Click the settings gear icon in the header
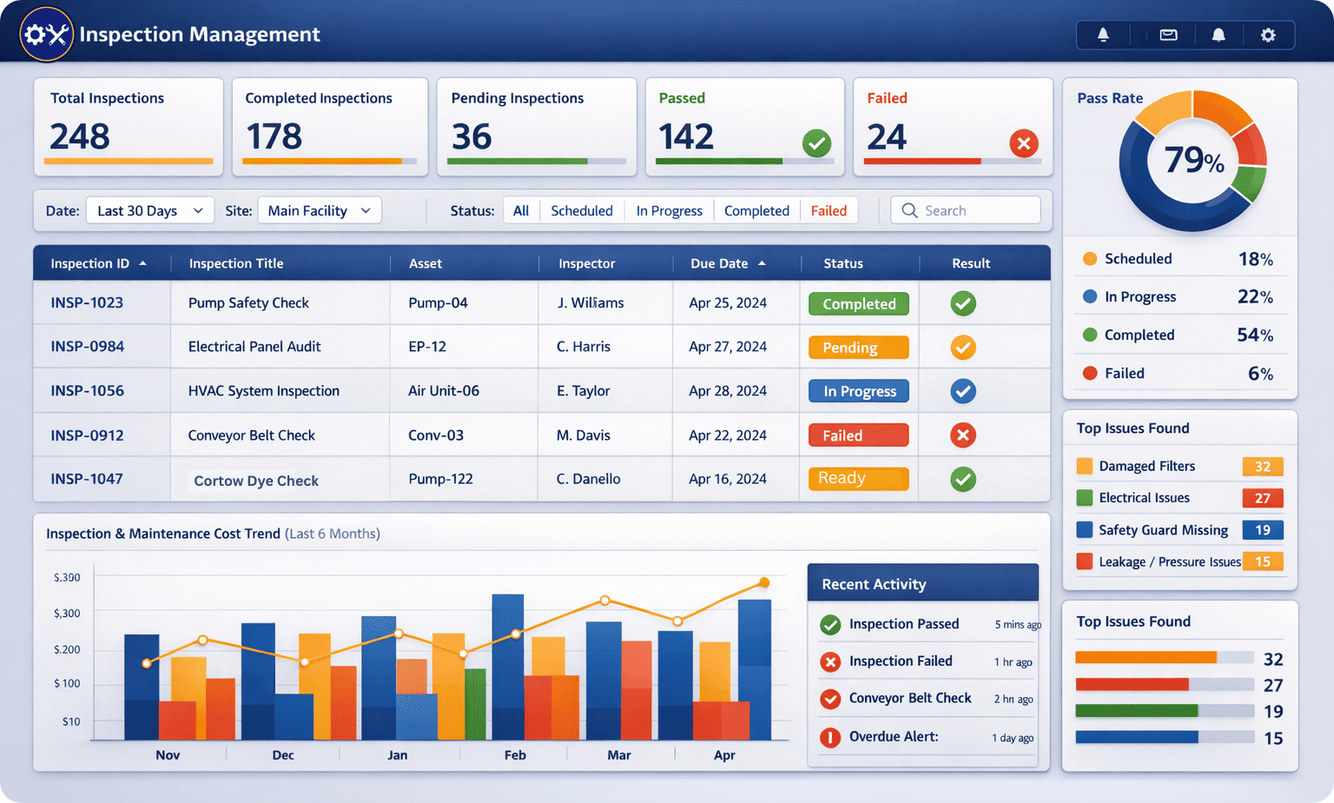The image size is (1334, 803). pos(1268,35)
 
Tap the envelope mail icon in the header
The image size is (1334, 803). pos(1168,35)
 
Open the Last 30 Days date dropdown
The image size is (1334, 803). pos(150,210)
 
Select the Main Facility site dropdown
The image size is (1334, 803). pos(319,210)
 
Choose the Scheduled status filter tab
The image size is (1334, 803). pos(581,210)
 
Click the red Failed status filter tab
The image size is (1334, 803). pos(829,210)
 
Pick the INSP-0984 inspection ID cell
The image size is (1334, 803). pos(87,346)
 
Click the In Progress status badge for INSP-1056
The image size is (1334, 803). pos(859,391)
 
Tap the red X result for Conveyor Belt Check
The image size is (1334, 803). pos(962,435)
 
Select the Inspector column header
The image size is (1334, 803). pos(586,263)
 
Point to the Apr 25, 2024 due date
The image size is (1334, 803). pos(727,302)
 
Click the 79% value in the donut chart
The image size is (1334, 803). pos(1192,160)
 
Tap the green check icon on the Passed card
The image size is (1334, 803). pos(816,143)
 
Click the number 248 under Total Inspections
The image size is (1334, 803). pos(80,136)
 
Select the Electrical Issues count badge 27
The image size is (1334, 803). pos(1262,498)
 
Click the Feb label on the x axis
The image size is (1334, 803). pos(515,755)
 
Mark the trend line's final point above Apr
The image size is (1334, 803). pos(764,582)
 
